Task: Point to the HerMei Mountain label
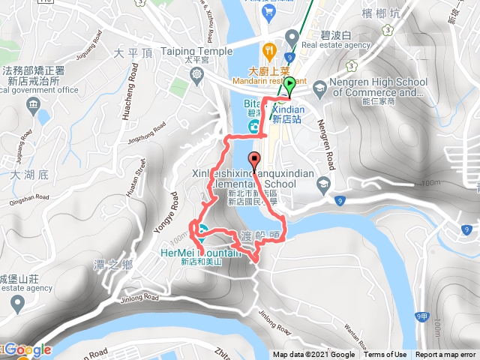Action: [x=201, y=253]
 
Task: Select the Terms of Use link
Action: [x=385, y=355]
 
